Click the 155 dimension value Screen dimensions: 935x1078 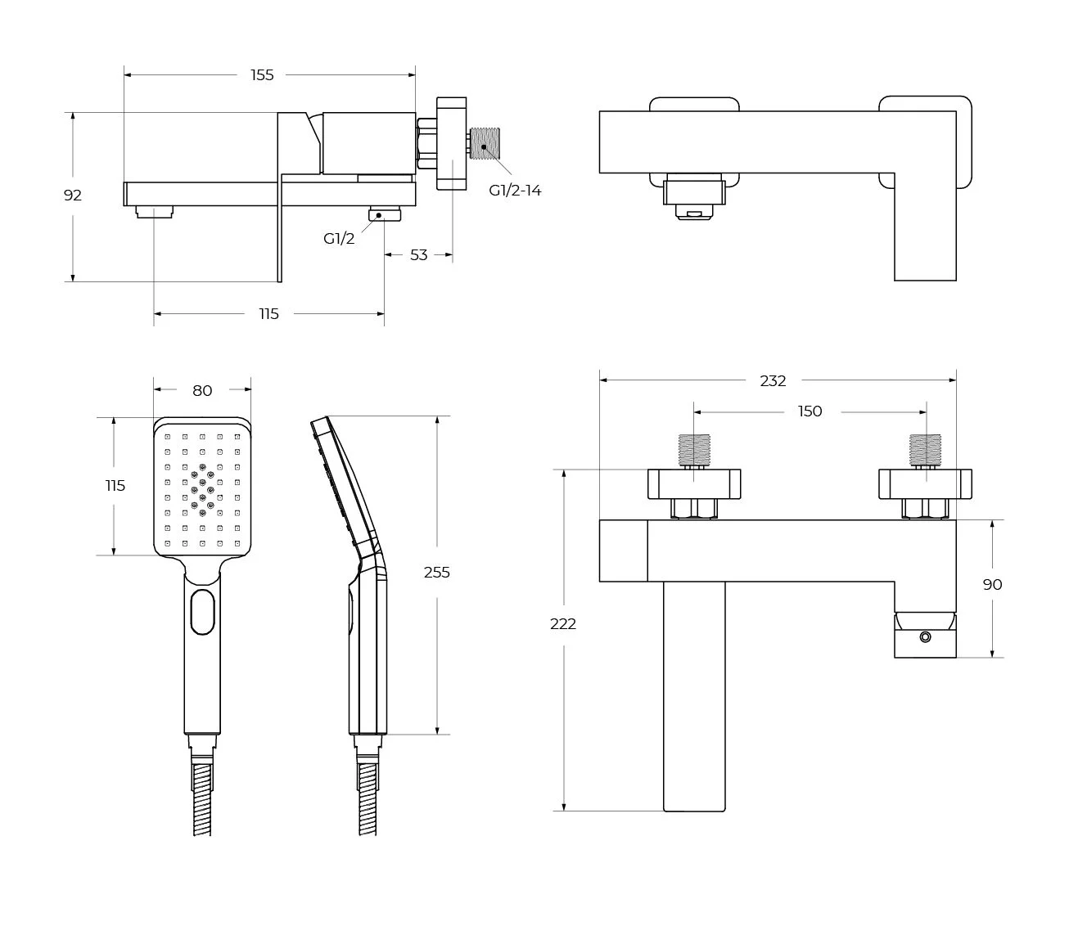tap(262, 75)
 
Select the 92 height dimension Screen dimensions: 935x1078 tap(73, 196)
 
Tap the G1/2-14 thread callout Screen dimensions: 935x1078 tap(515, 191)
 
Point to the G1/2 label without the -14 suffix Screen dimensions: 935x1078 tap(339, 239)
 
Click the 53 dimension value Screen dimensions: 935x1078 tap(418, 255)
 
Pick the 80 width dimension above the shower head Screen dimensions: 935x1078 tap(202, 391)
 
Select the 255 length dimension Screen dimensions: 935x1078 tap(436, 573)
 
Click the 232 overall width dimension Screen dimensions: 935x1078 tap(773, 380)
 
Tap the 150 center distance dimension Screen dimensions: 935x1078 tap(810, 411)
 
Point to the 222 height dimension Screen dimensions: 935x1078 tap(563, 624)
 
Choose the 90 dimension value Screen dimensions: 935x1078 tap(992, 585)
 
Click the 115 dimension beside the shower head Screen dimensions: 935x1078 tap(115, 486)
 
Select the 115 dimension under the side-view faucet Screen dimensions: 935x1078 tap(268, 314)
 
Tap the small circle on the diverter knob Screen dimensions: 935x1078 tap(926, 637)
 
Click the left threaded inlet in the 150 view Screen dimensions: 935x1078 tap(695, 451)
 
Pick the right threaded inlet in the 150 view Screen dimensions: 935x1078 tap(926, 451)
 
